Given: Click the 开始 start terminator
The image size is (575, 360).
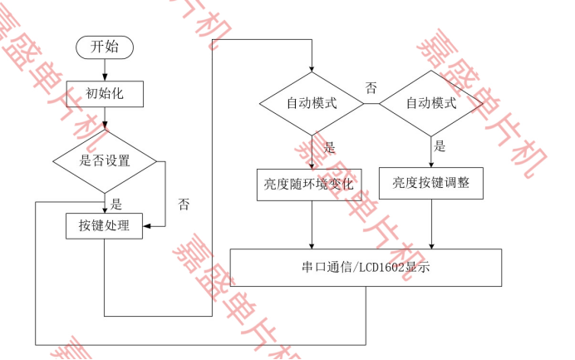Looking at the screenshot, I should (x=105, y=47).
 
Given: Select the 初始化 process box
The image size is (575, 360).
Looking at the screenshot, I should (x=105, y=93).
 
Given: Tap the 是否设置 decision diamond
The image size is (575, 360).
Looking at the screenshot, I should (x=105, y=160).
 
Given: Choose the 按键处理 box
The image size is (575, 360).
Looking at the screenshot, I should (x=105, y=225).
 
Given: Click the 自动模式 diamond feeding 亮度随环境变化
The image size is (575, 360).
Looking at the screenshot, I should (x=312, y=104).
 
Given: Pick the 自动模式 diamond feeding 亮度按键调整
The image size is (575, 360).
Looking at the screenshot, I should (x=431, y=104).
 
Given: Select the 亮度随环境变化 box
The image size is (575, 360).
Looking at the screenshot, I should (x=312, y=183).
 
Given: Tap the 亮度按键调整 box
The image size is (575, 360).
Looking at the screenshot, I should (x=431, y=183).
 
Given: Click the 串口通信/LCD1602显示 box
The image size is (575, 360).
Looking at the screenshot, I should (x=366, y=268).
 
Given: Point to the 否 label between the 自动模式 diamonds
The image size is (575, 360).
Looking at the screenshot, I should (x=371, y=86).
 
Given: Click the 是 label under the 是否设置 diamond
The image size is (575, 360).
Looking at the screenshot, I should (x=116, y=204).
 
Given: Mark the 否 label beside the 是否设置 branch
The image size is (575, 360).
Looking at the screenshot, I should (x=183, y=204).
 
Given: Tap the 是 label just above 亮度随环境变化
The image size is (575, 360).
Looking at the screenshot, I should (x=329, y=148).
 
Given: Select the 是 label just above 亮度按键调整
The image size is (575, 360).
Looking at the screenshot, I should (x=440, y=147).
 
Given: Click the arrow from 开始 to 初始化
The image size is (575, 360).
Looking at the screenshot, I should (x=105, y=70).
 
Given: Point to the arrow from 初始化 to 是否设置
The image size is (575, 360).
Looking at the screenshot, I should (x=105, y=118).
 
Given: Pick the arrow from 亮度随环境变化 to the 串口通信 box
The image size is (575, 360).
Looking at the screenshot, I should (x=312, y=224).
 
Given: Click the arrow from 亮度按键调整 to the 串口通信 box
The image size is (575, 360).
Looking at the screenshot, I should (x=431, y=224).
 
